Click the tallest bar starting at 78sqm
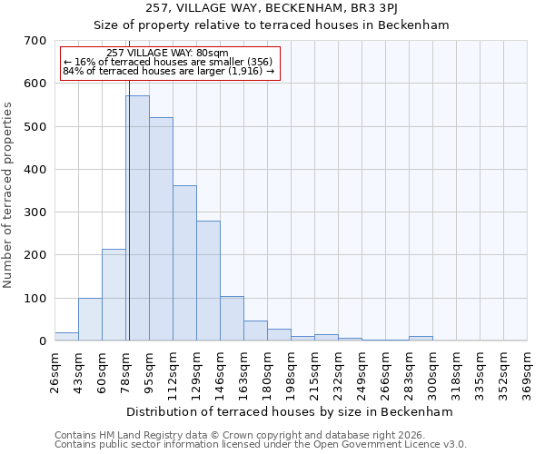pos(137,218)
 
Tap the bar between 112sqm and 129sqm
pos(184,263)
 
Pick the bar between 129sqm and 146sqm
pos(208,281)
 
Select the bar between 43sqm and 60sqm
pos(90,320)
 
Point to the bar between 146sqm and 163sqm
pos(232,319)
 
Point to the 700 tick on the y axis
pos(35,41)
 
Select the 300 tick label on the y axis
pos(35,212)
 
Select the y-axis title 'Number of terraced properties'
pos(8,195)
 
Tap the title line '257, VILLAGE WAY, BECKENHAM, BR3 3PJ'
pos(272,8)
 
